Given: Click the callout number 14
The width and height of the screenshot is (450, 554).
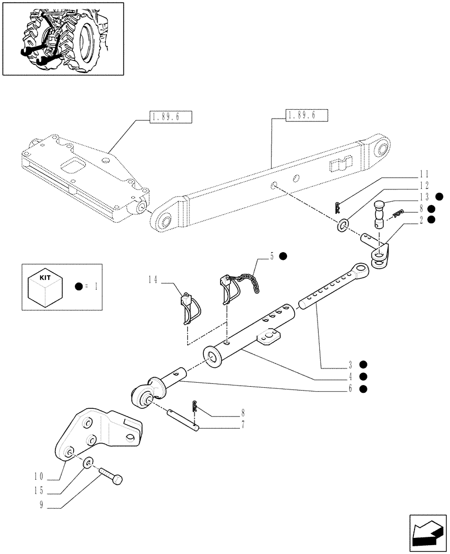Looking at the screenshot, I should (x=153, y=281).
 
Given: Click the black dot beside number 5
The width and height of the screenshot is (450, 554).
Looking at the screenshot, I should (x=283, y=256).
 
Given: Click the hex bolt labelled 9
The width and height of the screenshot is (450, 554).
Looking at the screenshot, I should (x=113, y=478).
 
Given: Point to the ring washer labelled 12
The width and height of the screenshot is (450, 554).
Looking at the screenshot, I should (x=344, y=225).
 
